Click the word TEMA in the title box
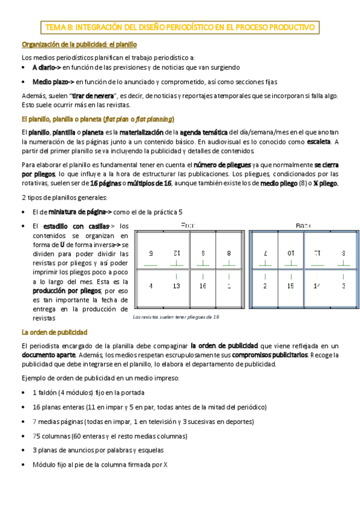[x=56, y=28]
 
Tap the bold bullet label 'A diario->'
[x=47, y=67]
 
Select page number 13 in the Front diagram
[x=177, y=286]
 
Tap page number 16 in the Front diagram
[x=203, y=286]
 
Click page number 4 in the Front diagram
[x=151, y=286]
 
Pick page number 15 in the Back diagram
[x=290, y=286]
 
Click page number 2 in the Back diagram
[x=265, y=286]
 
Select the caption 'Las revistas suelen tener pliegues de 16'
[x=175, y=316]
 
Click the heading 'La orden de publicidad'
[x=55, y=332]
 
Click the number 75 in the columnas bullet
[x=37, y=436]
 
